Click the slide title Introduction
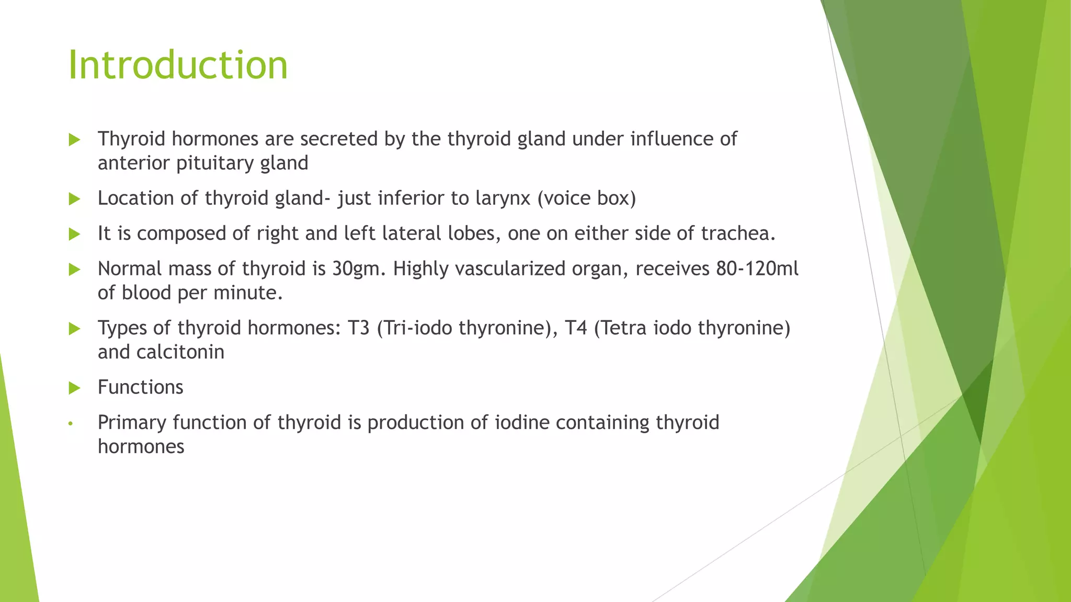pos(178,65)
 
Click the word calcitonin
pos(180,352)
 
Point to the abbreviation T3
pos(358,328)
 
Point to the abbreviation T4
pos(576,328)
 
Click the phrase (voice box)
pos(587,199)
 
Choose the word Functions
pos(140,388)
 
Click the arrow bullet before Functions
pos(74,388)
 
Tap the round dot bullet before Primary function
pos(71,423)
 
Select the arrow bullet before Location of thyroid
pos(74,199)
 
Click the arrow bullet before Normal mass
pos(74,270)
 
